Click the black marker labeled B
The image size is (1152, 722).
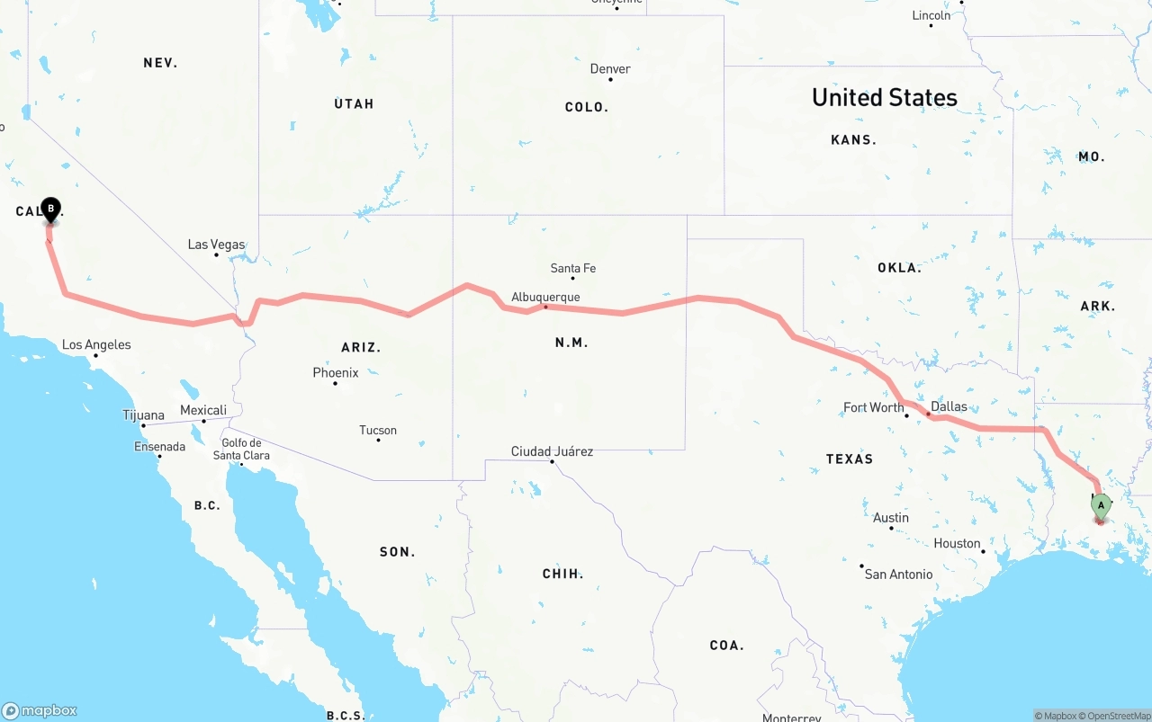click(51, 210)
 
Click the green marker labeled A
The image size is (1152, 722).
click(1100, 506)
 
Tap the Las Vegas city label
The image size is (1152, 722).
click(216, 245)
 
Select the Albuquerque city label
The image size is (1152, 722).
click(545, 297)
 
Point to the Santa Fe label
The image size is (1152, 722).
click(572, 268)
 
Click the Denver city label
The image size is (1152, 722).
click(610, 69)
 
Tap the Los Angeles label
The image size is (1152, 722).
click(96, 344)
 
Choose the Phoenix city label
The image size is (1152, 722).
click(336, 372)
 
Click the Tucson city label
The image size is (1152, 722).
click(378, 430)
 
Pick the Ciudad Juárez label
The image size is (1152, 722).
click(552, 451)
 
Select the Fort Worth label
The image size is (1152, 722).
click(873, 407)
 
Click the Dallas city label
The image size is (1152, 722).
click(949, 406)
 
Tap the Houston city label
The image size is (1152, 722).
click(957, 543)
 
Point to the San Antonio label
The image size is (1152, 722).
click(898, 574)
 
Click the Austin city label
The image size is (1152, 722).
click(891, 517)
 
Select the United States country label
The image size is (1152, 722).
click(885, 97)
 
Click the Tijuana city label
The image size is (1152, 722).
click(144, 415)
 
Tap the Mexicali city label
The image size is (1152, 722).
click(203, 410)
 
